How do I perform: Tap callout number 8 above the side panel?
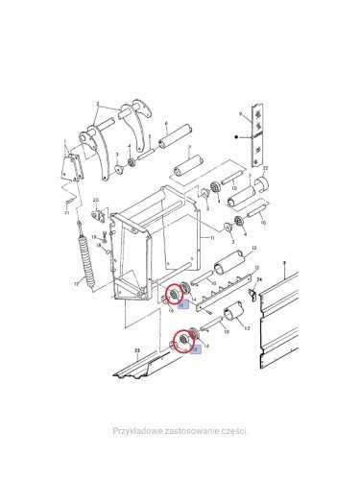[284, 261]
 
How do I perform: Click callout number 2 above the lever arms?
[98, 102]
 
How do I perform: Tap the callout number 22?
[266, 168]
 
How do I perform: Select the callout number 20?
[97, 200]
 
